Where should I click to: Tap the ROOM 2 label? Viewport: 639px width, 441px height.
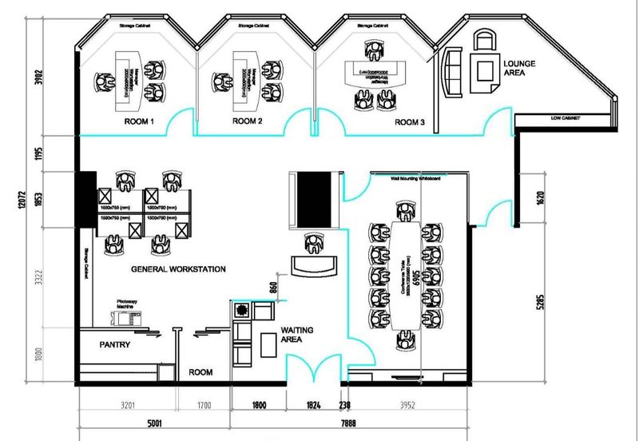click(247, 122)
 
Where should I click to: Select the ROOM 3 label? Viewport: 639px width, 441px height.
click(411, 122)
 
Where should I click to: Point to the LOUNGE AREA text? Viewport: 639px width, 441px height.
click(520, 66)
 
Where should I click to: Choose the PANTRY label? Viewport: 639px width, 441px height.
click(115, 345)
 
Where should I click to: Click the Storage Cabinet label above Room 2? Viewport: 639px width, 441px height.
click(255, 26)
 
